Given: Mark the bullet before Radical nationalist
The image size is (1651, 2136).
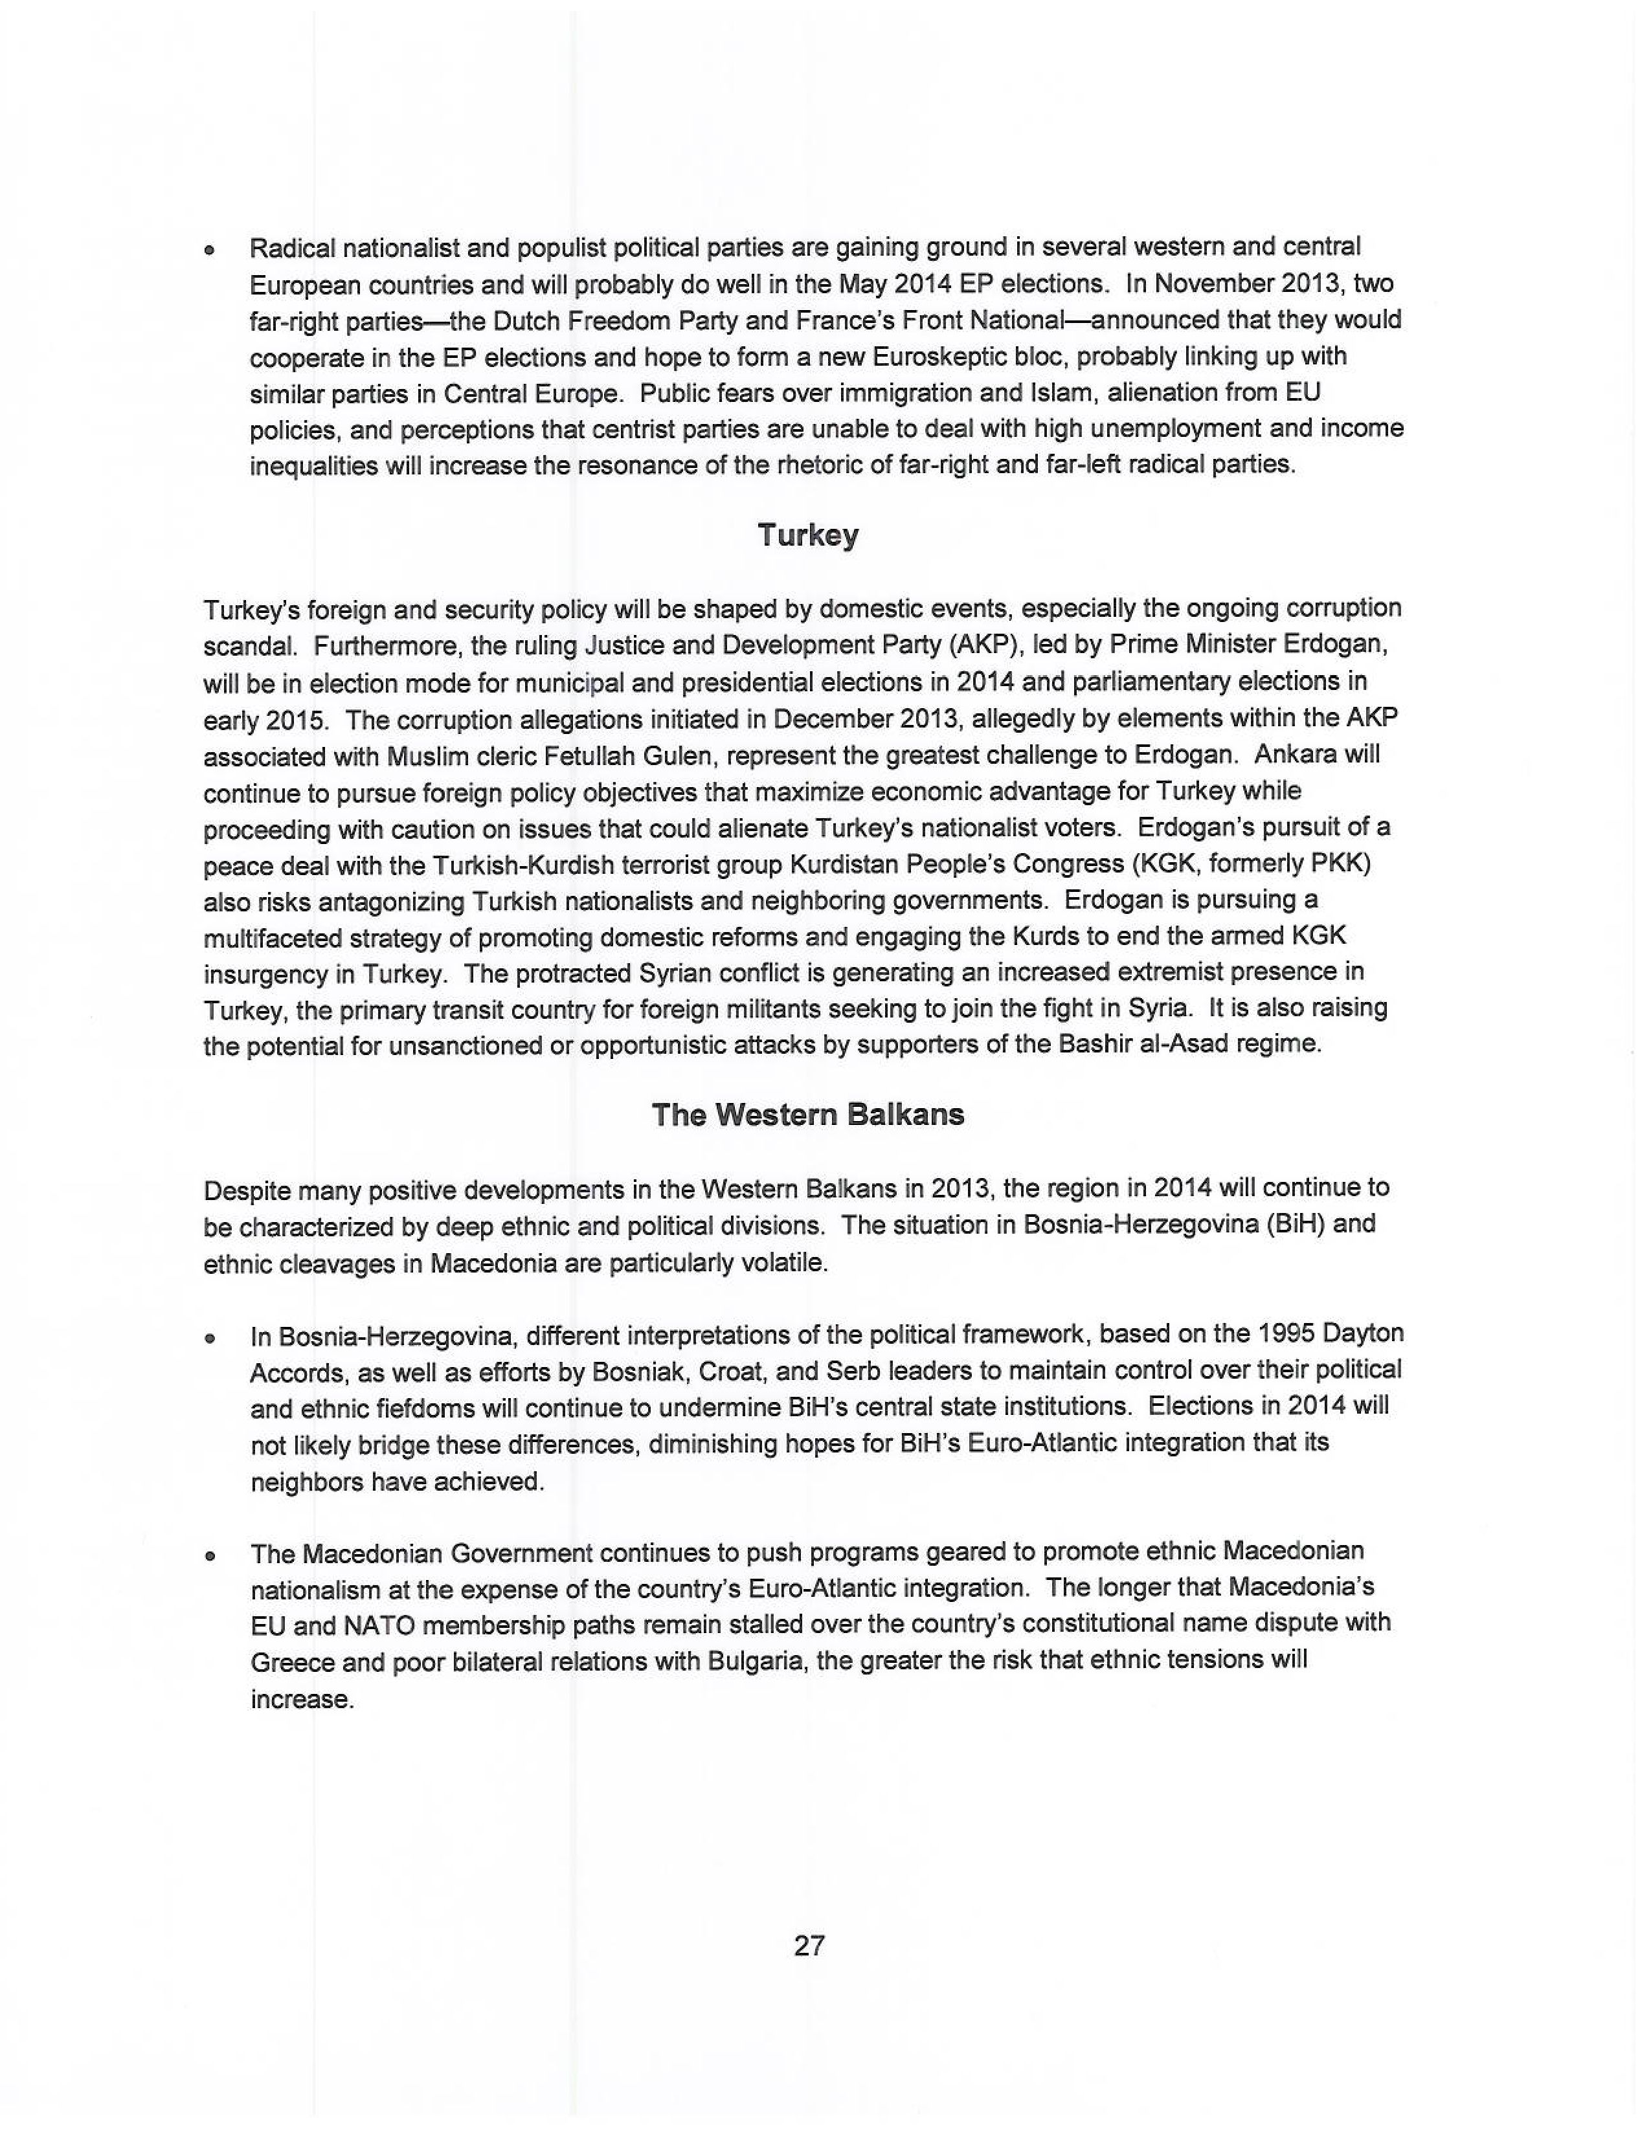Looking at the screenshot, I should click(x=209, y=250).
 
